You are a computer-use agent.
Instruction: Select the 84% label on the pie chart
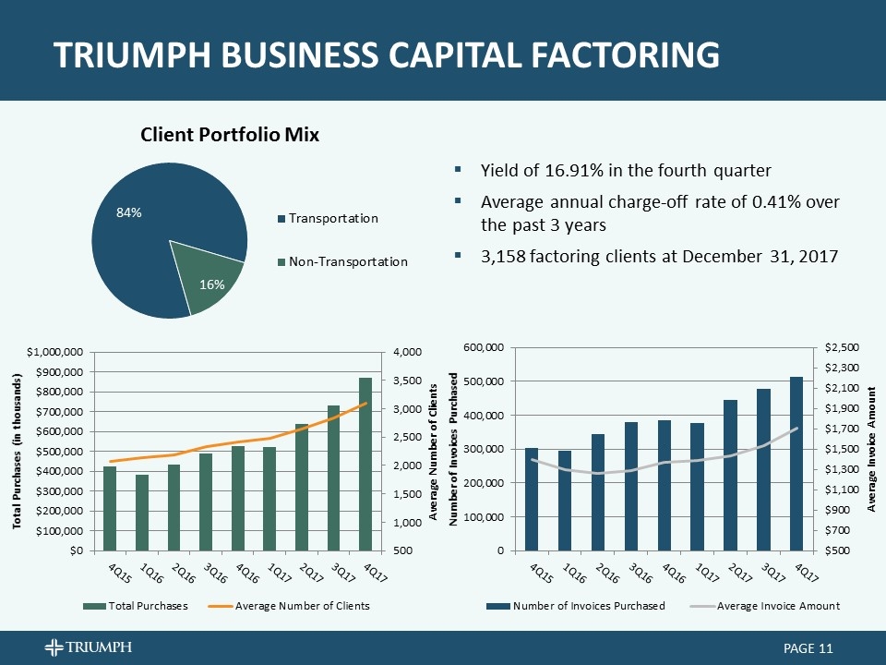click(x=128, y=213)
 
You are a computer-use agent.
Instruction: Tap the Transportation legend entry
click(x=333, y=219)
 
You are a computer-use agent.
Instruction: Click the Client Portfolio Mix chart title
click(x=230, y=135)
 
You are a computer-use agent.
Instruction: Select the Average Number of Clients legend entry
click(x=303, y=606)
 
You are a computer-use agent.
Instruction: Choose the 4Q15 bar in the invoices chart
click(x=531, y=499)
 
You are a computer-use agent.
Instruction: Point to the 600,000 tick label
click(x=485, y=347)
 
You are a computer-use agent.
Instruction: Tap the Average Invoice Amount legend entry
click(x=778, y=606)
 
